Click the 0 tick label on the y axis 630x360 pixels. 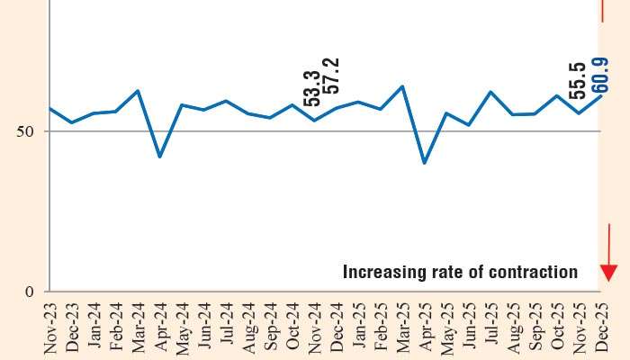29,292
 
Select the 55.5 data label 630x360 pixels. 580,80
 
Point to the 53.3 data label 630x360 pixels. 312,88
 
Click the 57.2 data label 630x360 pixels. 333,76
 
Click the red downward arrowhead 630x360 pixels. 608,272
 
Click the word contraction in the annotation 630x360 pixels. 532,272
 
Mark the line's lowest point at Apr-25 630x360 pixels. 424,163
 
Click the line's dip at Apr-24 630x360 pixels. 159,157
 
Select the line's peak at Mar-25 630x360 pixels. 401,86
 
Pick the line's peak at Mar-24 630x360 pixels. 137,91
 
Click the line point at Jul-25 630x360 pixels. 490,92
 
